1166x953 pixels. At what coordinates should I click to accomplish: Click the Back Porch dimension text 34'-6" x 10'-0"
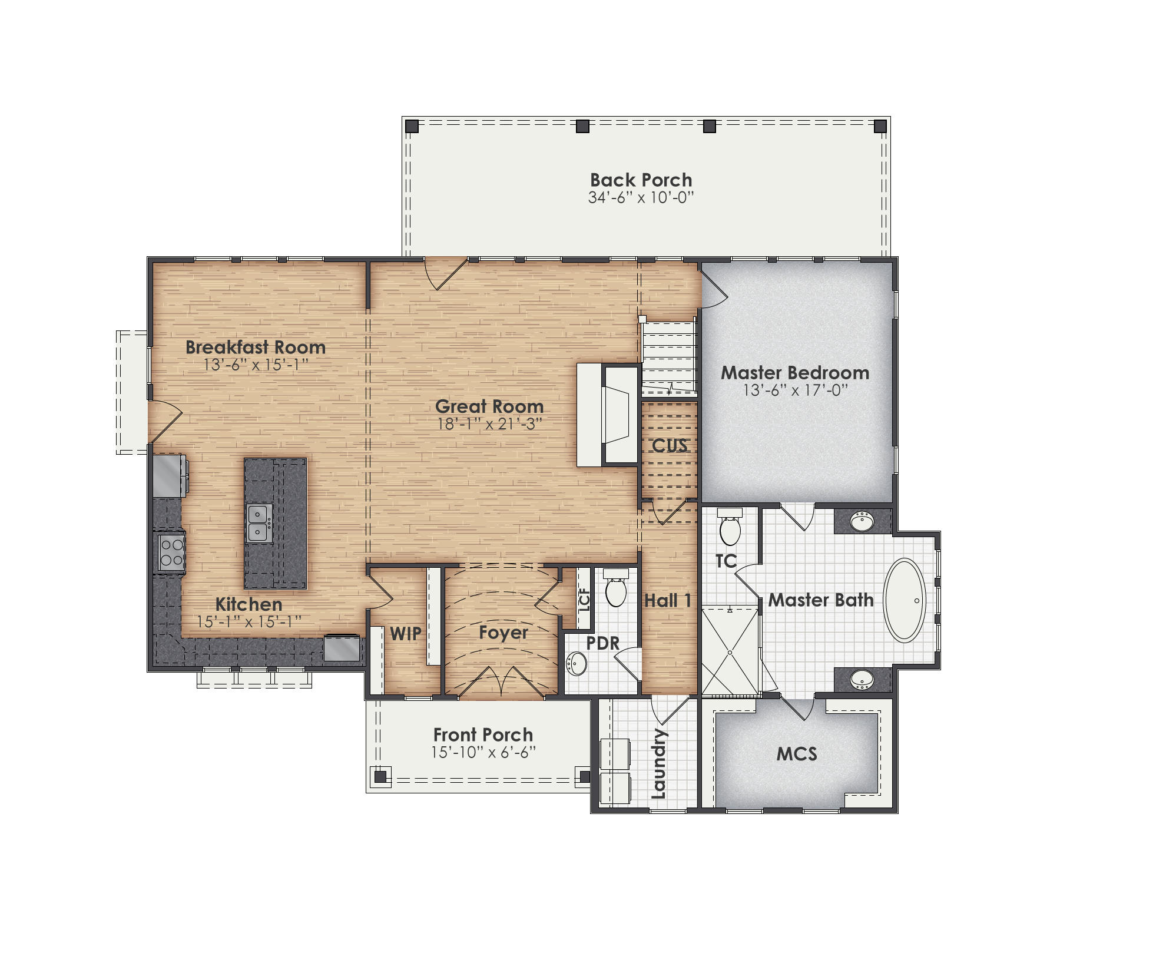[641, 198]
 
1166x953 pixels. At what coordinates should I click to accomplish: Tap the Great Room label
[489, 406]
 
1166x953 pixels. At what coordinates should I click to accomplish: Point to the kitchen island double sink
[259, 523]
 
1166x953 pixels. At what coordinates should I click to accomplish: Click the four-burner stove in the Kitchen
[171, 552]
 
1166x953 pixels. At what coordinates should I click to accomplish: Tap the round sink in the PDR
[577, 664]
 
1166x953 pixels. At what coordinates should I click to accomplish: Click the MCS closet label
[797, 754]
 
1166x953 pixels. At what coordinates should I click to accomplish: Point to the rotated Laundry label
[659, 763]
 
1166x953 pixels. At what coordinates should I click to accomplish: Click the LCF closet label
[584, 600]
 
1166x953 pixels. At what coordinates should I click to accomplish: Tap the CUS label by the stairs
[669, 446]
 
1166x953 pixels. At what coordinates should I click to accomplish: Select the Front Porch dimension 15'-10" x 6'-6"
[483, 753]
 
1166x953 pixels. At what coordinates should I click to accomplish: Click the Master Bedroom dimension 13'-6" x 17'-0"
[795, 391]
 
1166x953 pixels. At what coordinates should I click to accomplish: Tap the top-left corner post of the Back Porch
[412, 126]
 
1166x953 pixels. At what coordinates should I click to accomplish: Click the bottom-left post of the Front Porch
[380, 776]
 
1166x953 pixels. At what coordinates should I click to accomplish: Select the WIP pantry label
[406, 634]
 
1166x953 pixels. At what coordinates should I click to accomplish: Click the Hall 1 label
[667, 601]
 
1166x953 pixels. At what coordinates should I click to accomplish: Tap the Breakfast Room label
[255, 348]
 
